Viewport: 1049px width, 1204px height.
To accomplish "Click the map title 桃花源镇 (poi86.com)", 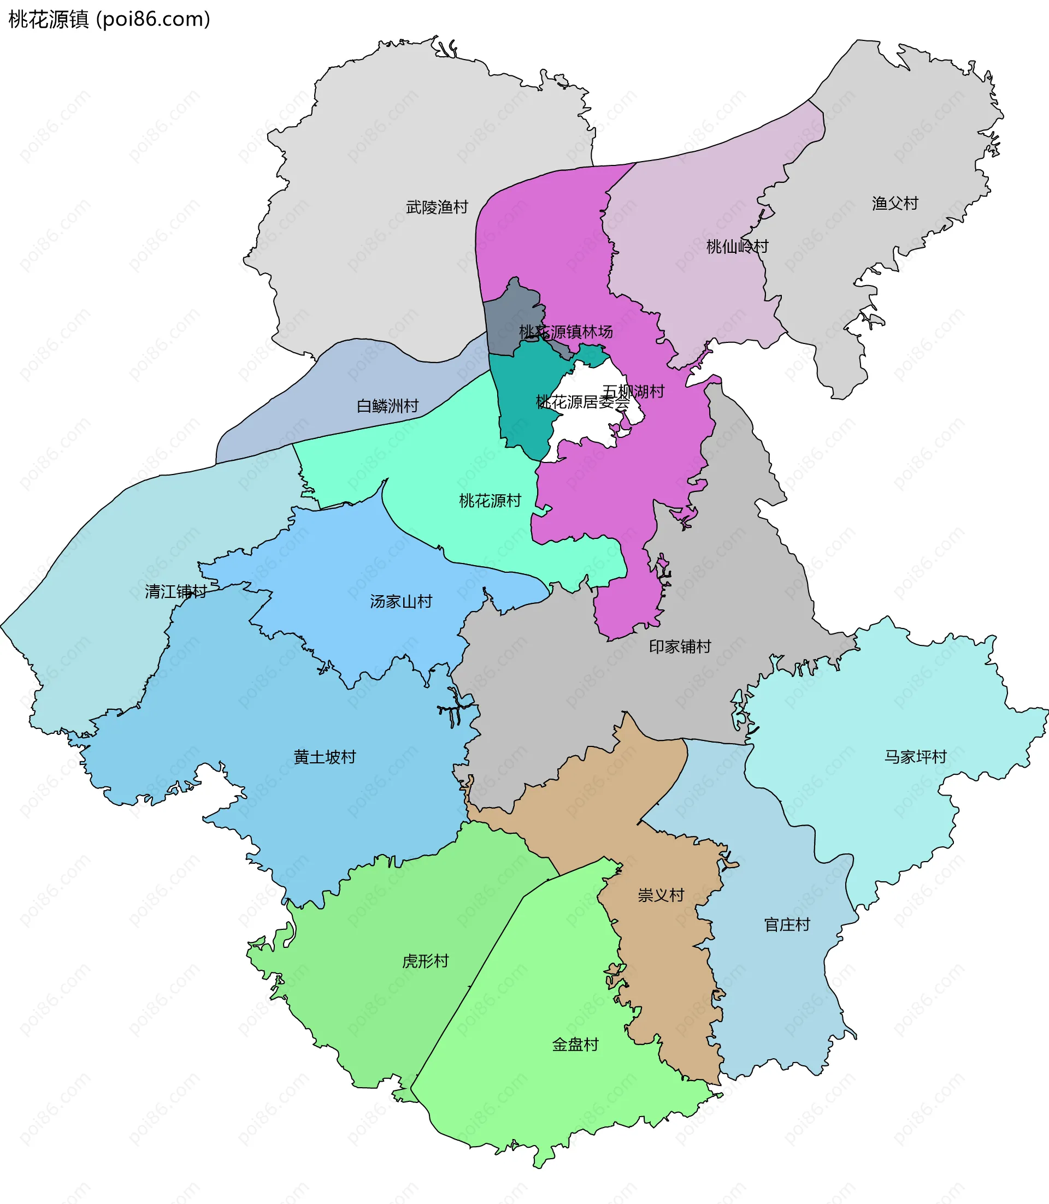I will (109, 19).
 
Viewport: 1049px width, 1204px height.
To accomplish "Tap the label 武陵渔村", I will (437, 207).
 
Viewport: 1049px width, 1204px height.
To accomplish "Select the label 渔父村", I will (895, 204).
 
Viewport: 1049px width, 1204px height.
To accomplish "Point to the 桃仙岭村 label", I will (737, 246).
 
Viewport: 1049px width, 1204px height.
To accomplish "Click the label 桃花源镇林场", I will (565, 332).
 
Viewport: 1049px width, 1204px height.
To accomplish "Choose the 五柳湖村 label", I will (633, 392).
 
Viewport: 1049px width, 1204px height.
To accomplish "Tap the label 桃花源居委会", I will (582, 402).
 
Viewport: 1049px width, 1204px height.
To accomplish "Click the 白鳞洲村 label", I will (387, 405).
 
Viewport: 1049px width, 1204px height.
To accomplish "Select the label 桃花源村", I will (490, 501).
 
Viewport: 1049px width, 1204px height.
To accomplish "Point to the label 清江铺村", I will (175, 591).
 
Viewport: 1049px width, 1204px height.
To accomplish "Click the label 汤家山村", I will (401, 601).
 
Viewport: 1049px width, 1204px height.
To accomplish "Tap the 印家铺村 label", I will (680, 647).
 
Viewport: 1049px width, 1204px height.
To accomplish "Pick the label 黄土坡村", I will (325, 757).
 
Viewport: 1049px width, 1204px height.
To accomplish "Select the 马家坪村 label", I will (915, 757).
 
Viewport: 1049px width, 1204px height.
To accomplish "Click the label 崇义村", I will (661, 895).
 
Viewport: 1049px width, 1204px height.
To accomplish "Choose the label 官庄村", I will (787, 925).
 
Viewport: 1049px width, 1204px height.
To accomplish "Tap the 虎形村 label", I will (425, 961).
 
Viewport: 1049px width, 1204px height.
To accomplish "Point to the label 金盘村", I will (575, 1044).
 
